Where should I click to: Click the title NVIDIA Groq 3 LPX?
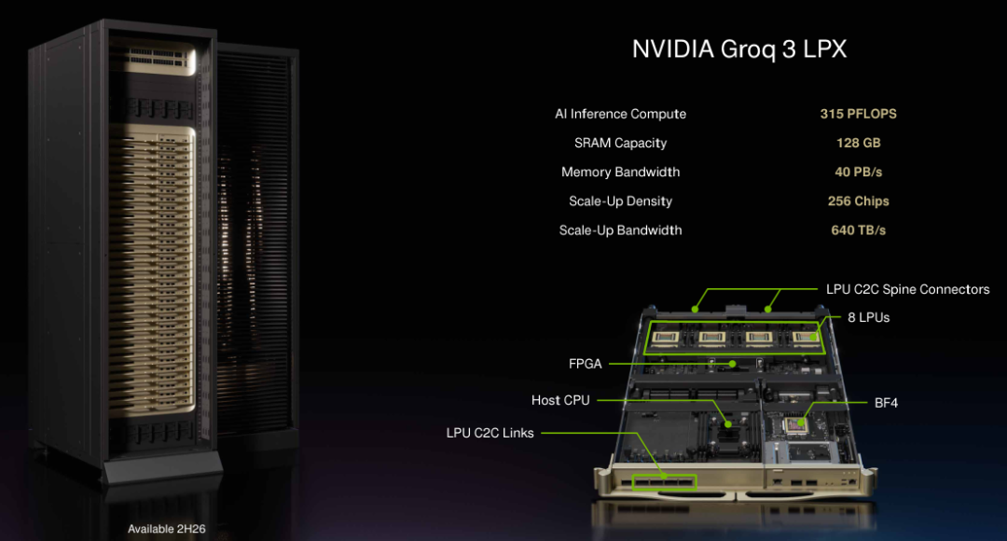click(739, 49)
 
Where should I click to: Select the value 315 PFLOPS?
click(858, 114)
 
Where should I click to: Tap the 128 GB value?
click(858, 143)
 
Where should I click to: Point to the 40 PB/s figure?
click(858, 172)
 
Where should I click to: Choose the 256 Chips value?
click(858, 201)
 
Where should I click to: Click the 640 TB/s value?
click(858, 229)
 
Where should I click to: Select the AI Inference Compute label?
click(620, 114)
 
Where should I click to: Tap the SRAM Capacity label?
click(620, 143)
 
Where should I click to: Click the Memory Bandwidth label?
click(620, 172)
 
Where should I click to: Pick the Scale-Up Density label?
click(620, 201)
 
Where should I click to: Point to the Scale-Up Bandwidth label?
click(620, 229)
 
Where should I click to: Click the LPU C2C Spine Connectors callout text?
click(907, 289)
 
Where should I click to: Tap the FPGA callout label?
click(586, 364)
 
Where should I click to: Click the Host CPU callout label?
click(560, 400)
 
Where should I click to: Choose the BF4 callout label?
click(886, 404)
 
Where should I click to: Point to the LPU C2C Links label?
click(490, 433)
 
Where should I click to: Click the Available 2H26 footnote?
click(166, 529)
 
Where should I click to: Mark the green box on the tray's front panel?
click(664, 482)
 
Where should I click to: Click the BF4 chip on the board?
click(797, 425)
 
